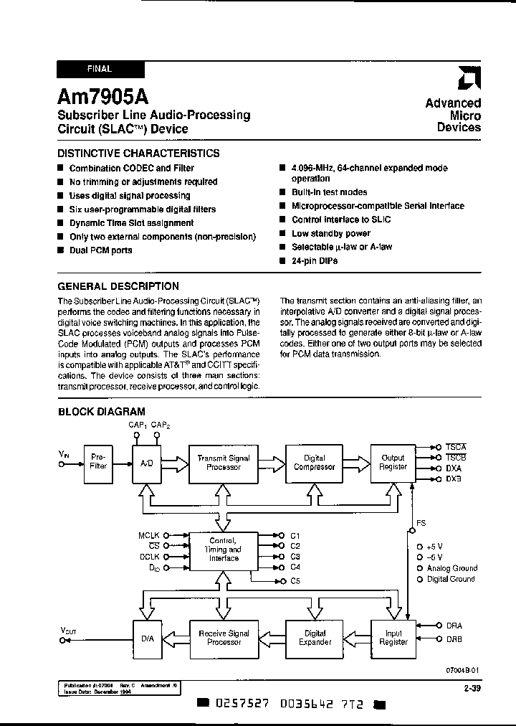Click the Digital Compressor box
click(314, 463)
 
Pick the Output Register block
click(393, 463)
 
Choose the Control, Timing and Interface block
click(224, 550)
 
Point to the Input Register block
click(393, 638)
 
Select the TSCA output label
click(457, 447)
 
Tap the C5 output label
click(295, 580)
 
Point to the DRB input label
click(454, 638)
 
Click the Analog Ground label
click(451, 568)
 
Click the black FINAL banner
click(100, 70)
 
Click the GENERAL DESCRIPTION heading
click(118, 286)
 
